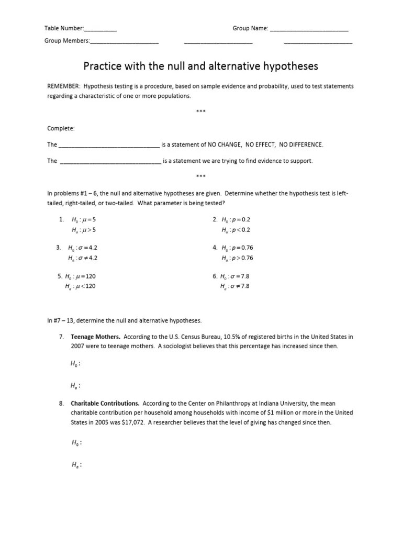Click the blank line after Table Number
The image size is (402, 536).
pos(100,29)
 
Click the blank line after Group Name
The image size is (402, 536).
pos(309,29)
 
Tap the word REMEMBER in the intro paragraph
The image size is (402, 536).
pos(63,86)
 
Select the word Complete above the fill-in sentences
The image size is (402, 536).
pos(61,128)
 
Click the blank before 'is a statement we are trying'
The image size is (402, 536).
pos(110,161)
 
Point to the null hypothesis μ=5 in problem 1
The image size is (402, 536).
pos(84,220)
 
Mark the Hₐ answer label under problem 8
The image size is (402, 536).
pos(75,464)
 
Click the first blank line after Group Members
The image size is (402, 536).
pos(124,41)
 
